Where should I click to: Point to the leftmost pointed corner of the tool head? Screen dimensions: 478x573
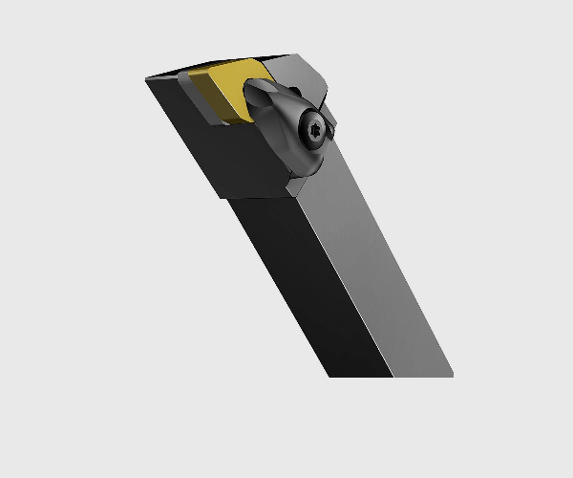point(146,79)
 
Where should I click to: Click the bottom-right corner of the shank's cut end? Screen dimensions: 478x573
point(452,376)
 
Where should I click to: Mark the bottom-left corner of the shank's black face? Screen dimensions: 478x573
point(329,376)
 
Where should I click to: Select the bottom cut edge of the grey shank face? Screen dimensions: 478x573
point(421,376)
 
